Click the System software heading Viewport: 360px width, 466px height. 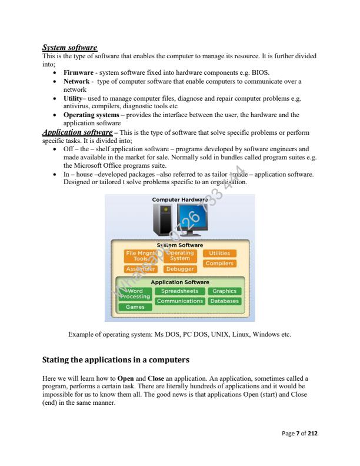tap(70, 47)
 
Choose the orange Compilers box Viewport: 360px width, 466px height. tap(219, 264)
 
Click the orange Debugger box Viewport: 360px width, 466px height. tap(179, 269)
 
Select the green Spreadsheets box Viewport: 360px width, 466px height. tap(179, 291)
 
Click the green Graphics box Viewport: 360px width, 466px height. tap(224, 291)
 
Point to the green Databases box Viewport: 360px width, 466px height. tap(224, 301)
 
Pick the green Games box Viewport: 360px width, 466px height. tap(135, 307)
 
